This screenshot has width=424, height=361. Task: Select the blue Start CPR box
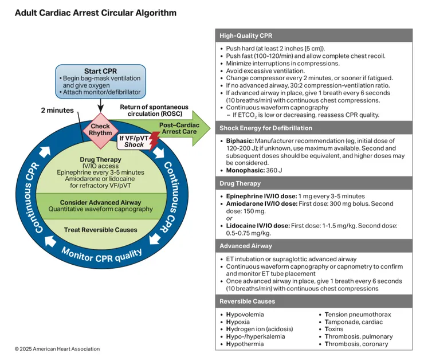100,80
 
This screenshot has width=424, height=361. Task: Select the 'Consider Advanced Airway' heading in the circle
101,203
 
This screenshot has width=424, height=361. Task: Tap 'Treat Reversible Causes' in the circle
101,230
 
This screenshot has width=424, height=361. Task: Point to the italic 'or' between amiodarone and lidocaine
229,218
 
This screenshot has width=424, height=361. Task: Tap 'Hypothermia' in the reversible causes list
245,344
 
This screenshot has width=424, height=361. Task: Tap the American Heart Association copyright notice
57,349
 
